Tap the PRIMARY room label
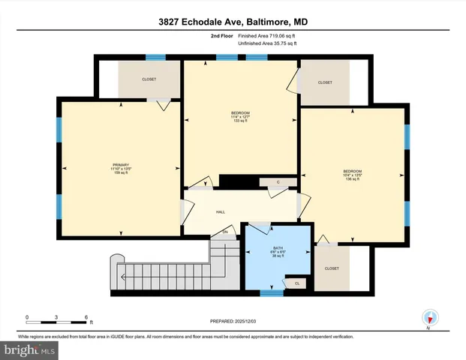point(121,164)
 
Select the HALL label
point(221,212)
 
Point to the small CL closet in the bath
point(297,283)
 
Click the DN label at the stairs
point(224,232)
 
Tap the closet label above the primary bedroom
point(149,79)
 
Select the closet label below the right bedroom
point(332,268)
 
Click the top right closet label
point(325,82)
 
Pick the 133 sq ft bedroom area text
point(240,121)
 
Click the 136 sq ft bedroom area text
point(353,178)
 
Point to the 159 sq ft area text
point(121,173)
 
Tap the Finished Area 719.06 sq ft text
point(267,35)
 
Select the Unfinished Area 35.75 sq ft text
point(267,43)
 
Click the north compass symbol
point(429,317)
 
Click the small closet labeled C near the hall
point(278,182)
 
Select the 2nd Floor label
point(222,35)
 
